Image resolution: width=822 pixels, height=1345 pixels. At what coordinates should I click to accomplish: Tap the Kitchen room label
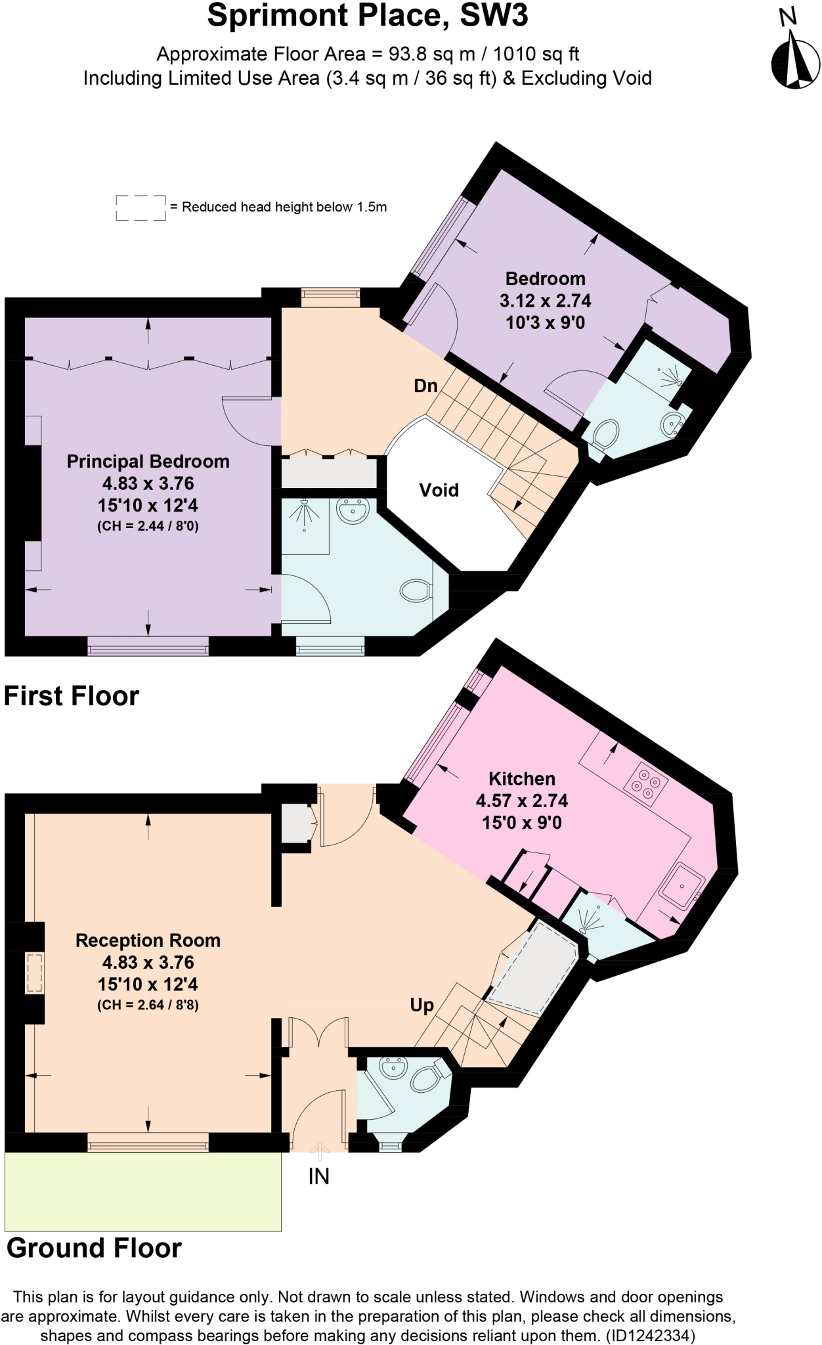522,779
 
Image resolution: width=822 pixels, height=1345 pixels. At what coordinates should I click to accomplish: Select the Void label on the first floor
439,490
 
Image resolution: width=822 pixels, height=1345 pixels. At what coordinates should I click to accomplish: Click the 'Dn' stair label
425,386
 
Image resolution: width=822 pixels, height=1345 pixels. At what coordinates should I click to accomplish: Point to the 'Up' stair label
422,1005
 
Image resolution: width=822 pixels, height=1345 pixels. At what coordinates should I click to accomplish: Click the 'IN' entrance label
319,1177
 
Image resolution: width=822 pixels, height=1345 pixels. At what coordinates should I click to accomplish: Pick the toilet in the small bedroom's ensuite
605,434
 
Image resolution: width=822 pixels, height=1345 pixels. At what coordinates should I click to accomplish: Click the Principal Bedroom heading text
148,462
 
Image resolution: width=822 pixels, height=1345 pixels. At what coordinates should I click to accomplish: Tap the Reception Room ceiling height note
148,1005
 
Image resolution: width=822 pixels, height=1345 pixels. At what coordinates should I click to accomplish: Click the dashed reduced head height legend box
141,208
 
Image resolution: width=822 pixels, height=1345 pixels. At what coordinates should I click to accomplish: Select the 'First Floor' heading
72,696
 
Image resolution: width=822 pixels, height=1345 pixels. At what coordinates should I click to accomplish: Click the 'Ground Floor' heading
94,1248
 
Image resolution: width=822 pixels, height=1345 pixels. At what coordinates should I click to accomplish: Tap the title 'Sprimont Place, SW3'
368,16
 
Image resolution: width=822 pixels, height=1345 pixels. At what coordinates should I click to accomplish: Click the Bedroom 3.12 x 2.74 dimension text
545,301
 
